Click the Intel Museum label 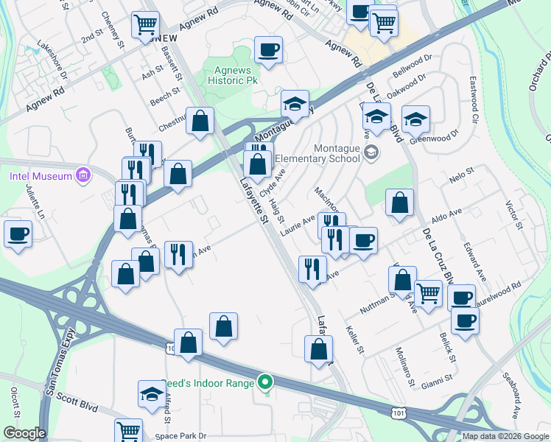coord(41,175)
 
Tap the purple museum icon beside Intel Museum coord(83,175)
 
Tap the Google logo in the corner coord(24,433)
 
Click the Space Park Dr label coord(182,435)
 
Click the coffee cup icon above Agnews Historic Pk coord(268,50)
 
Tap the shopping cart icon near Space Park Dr coord(128,430)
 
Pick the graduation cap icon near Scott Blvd coord(151,393)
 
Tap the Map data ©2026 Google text coord(505,436)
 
